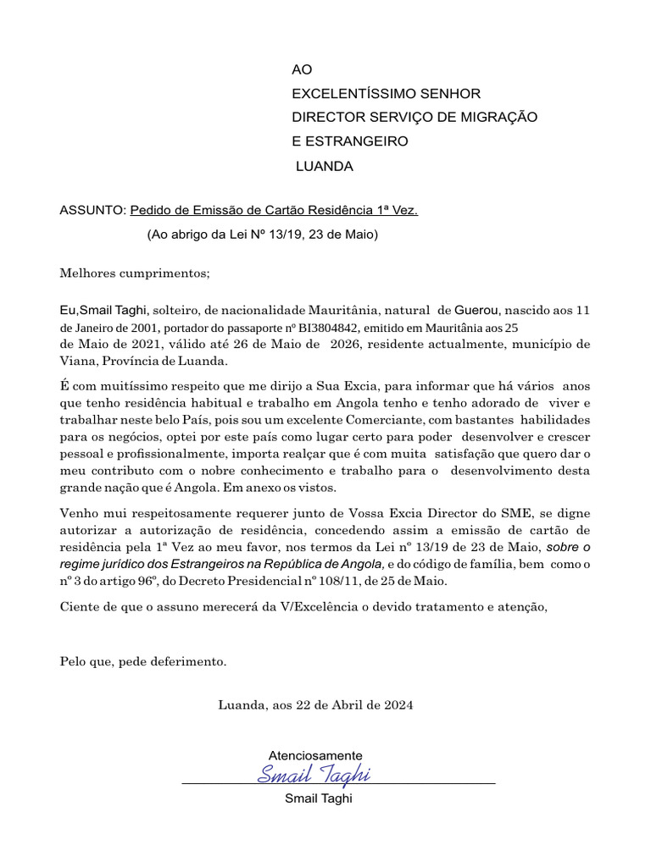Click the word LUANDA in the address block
[325, 167]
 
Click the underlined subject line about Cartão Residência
[275, 210]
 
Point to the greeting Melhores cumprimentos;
[134, 273]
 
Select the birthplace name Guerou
[478, 310]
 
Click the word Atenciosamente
[315, 754]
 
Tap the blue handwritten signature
[314, 774]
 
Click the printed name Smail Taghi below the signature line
[318, 798]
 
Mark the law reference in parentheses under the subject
[262, 235]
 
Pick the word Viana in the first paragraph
[78, 361]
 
